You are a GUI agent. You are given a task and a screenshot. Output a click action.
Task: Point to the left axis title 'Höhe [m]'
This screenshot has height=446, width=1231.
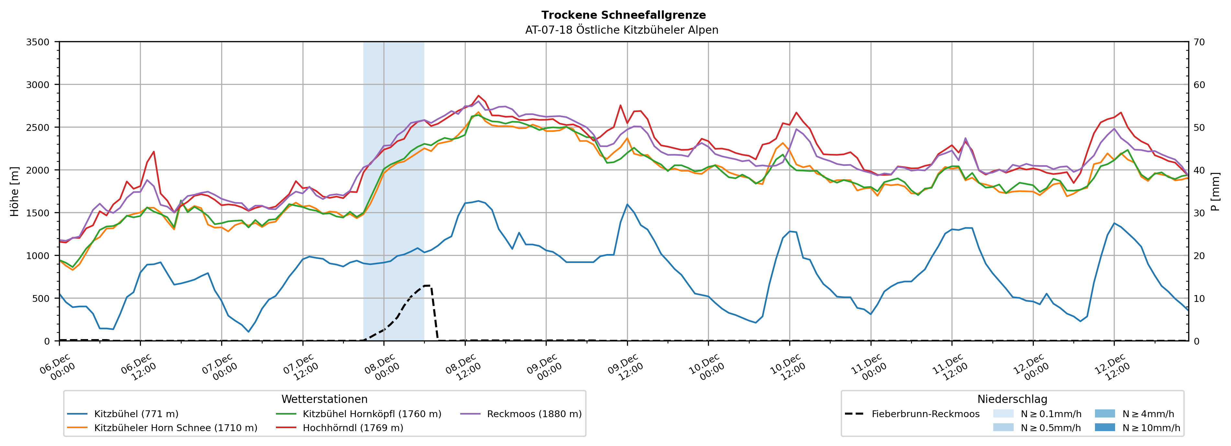pos(15,191)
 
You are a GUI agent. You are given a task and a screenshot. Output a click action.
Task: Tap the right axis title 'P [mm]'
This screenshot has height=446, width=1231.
pos(1215,191)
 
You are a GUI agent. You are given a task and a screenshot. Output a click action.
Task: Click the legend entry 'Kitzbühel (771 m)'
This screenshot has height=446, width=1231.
pos(136,414)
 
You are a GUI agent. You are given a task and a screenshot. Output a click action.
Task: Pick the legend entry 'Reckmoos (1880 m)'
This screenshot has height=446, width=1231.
pos(534,414)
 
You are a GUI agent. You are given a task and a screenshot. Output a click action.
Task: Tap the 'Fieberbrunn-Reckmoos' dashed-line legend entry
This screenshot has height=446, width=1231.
pos(925,414)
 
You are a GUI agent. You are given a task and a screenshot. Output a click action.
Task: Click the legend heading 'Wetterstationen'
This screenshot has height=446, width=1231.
pos(325,399)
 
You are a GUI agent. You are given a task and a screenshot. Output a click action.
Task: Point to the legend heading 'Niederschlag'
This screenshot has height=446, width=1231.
pos(1012,399)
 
